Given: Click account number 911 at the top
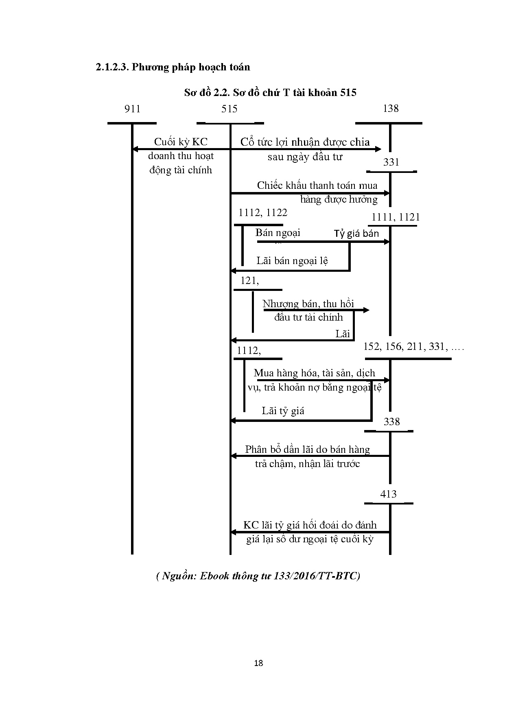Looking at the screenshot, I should (x=132, y=109).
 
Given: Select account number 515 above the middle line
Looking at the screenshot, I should (x=230, y=109).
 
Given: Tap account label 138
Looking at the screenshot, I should (x=391, y=108).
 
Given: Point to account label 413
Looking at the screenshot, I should (x=388, y=494).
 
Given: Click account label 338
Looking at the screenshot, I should (x=391, y=421).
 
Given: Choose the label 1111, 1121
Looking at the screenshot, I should (x=395, y=217).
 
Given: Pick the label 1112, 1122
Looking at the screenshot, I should (x=263, y=212).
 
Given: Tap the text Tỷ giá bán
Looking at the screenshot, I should (x=356, y=234).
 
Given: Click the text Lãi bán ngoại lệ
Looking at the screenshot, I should (x=292, y=261).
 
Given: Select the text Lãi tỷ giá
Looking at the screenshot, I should (x=283, y=410).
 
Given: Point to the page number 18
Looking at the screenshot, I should (x=258, y=663).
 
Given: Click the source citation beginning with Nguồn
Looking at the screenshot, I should (x=258, y=576).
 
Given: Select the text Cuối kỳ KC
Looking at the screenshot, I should (x=181, y=142).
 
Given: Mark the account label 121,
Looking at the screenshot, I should (x=249, y=280).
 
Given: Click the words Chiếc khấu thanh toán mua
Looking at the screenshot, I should (x=317, y=186).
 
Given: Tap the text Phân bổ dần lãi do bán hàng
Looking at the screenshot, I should (x=308, y=450).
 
